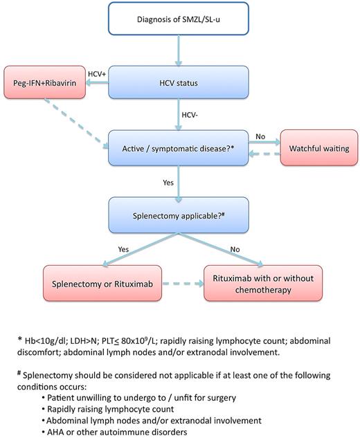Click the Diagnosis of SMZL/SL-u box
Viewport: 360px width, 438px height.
tap(179, 18)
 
